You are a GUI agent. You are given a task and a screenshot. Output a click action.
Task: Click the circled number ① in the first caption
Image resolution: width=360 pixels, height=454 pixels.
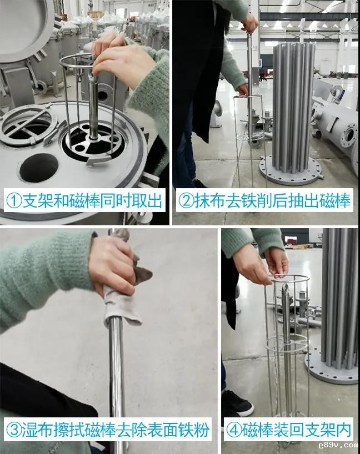point(14,201)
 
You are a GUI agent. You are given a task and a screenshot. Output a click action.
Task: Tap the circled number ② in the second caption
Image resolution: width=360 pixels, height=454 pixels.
point(186,201)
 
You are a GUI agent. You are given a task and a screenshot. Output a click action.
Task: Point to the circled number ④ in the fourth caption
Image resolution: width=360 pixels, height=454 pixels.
point(234,430)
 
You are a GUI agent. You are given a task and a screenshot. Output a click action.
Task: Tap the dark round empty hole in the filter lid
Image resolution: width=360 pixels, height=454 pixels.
point(38,168)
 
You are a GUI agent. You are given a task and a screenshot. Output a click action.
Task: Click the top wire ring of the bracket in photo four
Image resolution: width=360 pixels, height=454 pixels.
point(288,279)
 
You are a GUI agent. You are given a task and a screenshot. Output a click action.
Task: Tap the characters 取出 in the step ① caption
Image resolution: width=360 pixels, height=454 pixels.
point(147,201)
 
